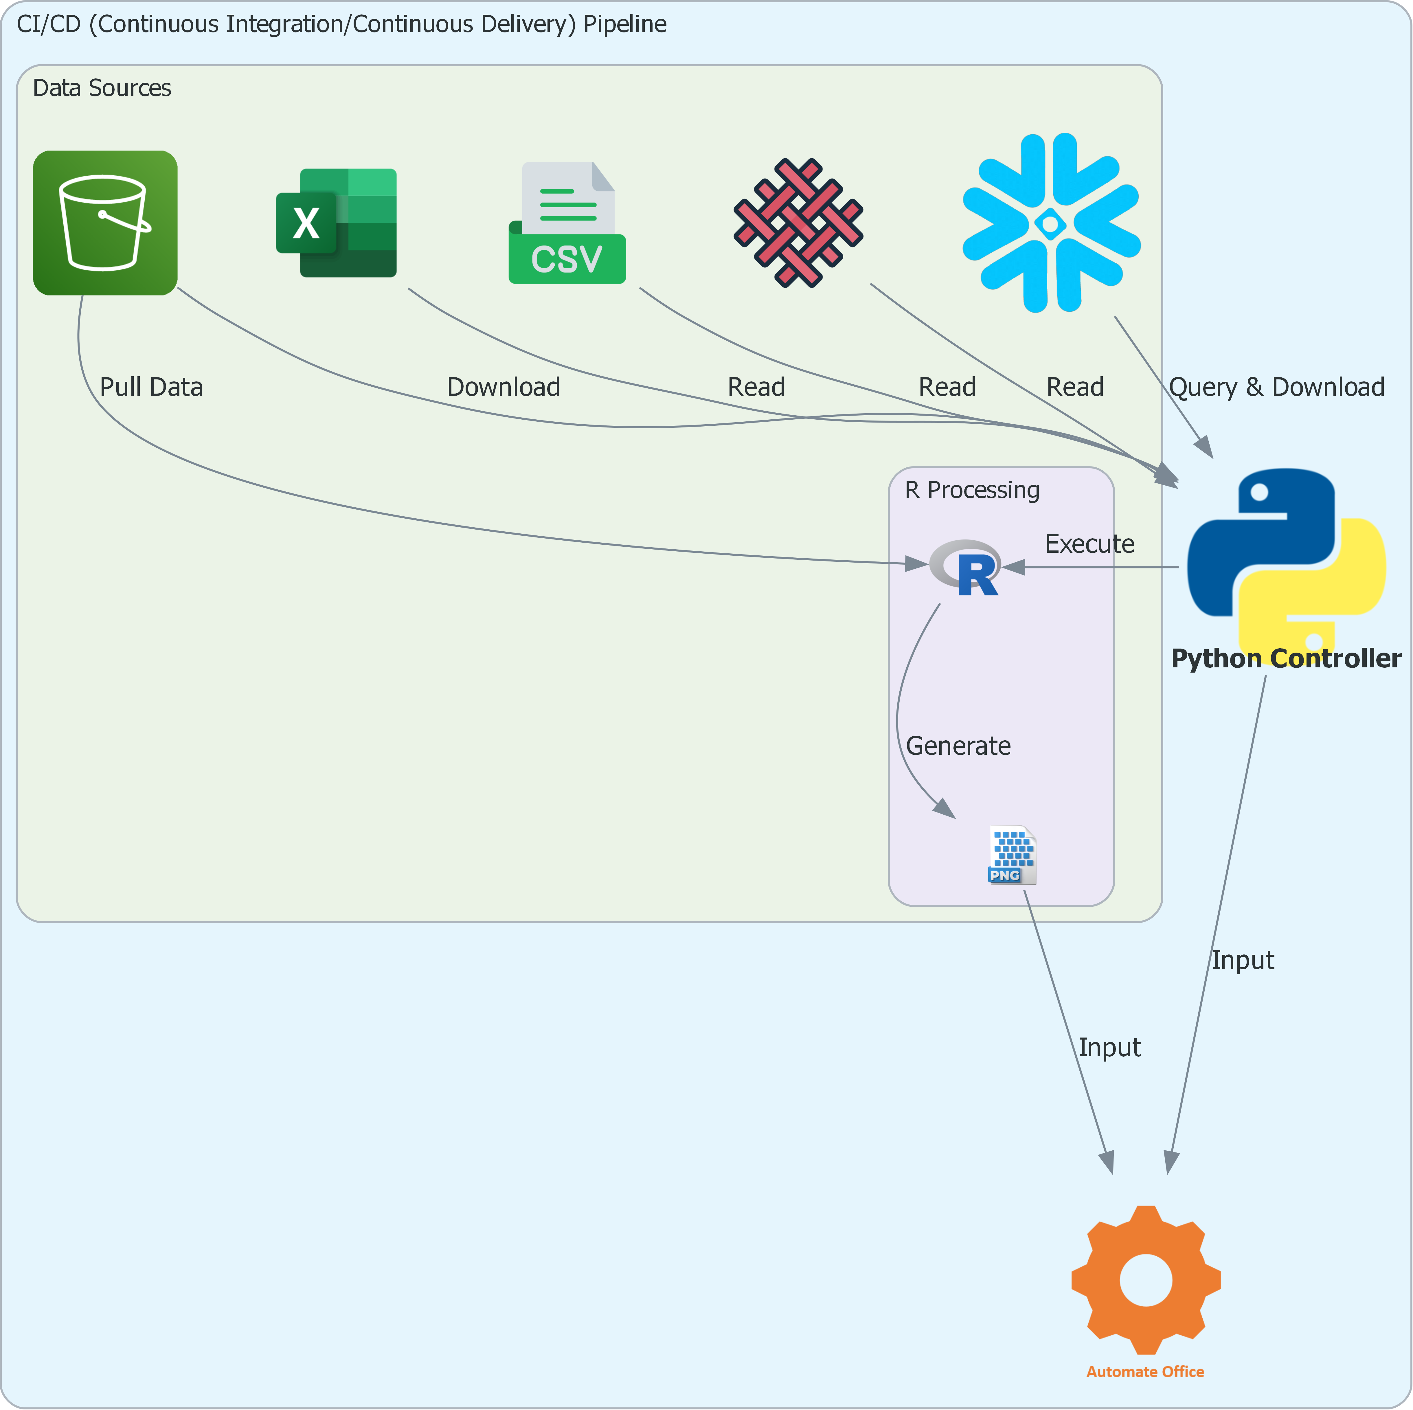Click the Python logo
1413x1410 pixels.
coord(1286,556)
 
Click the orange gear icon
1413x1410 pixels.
coord(1145,1280)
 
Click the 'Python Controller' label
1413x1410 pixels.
coord(1286,658)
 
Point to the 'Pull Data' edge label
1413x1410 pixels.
coord(151,387)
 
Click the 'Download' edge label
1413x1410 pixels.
coord(503,387)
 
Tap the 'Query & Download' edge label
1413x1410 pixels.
coord(1276,387)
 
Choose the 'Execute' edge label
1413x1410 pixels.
coord(1089,544)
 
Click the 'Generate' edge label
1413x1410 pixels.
coord(958,746)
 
